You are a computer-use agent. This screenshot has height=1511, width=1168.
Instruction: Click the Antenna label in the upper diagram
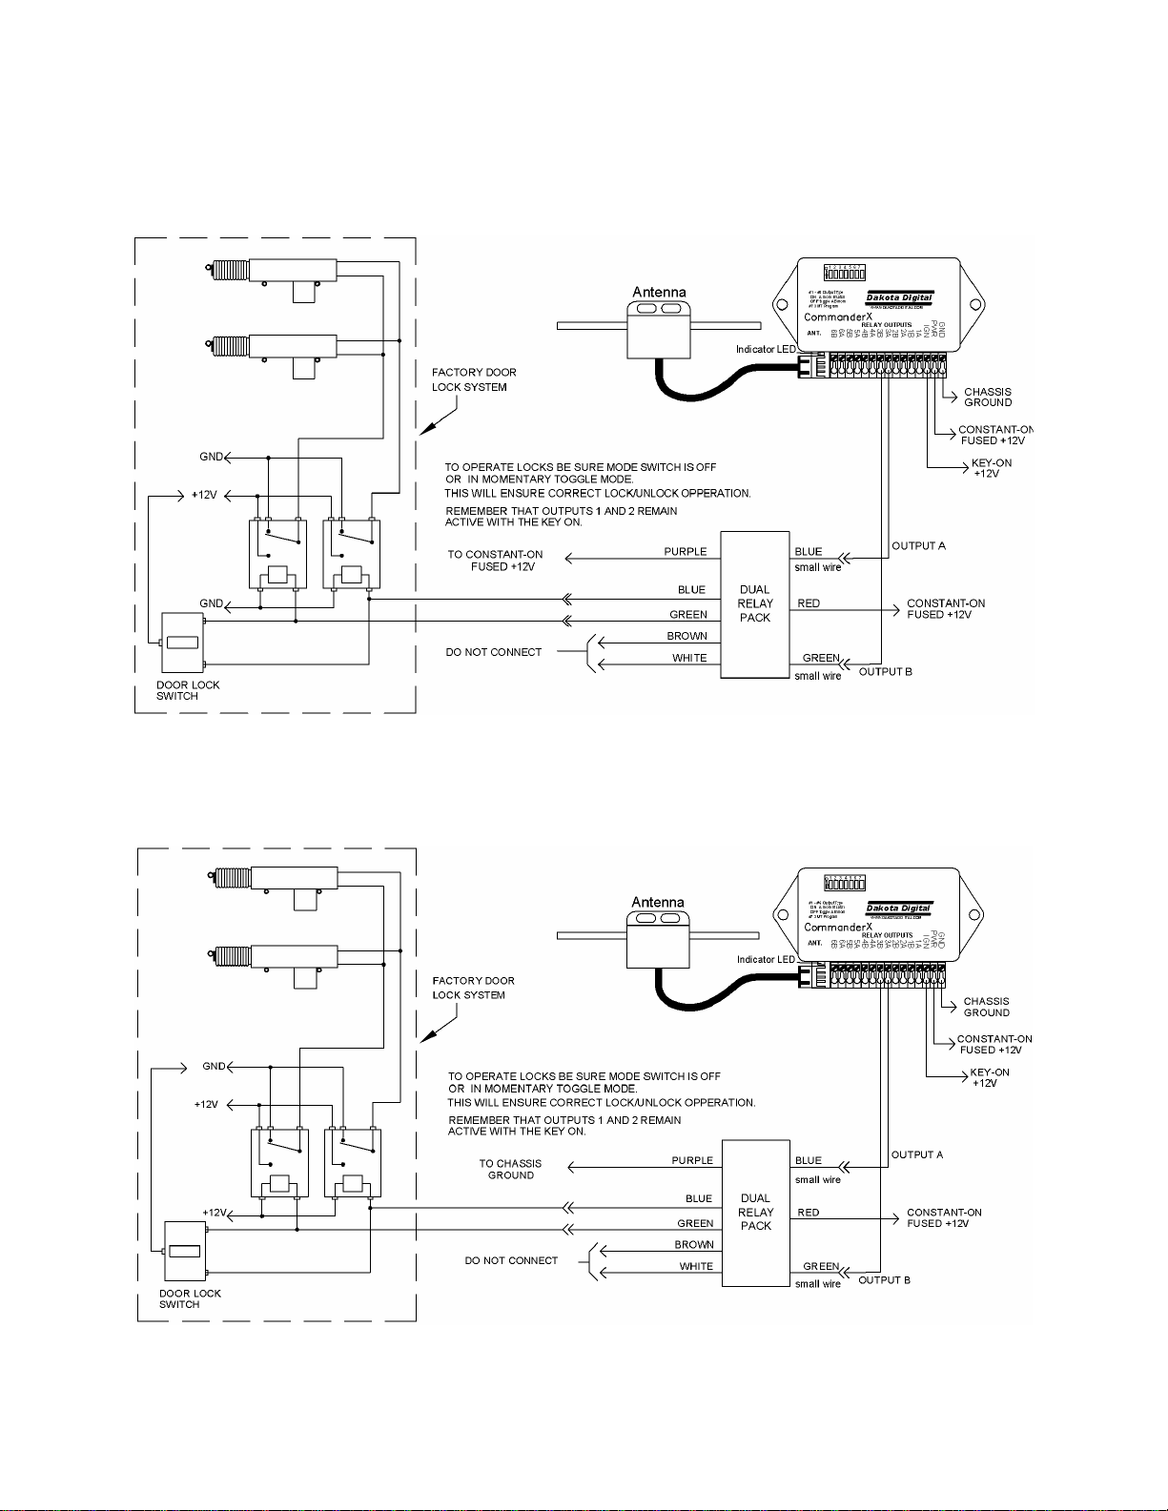[659, 292]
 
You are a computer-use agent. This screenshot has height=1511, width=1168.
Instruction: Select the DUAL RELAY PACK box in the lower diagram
[755, 1213]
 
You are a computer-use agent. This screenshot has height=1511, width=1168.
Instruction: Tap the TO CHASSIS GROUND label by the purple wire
[510, 1169]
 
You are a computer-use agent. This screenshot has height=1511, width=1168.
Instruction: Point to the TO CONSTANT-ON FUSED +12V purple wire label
[496, 560]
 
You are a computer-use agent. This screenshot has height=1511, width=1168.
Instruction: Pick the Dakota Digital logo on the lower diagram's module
[898, 909]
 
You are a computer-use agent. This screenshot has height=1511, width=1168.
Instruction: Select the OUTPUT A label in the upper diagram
[918, 546]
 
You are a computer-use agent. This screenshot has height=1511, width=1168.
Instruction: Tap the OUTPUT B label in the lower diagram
[884, 1279]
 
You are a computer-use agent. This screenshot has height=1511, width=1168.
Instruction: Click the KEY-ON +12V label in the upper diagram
[991, 468]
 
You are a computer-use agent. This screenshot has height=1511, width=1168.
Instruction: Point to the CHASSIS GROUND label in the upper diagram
[988, 397]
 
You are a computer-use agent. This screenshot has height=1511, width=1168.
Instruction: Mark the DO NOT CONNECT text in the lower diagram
[511, 1260]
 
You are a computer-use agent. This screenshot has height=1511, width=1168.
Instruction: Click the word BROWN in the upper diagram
[686, 636]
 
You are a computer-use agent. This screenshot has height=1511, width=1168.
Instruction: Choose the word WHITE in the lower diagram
[696, 1266]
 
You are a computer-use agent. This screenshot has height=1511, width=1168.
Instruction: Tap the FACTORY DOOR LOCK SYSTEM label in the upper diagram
[474, 379]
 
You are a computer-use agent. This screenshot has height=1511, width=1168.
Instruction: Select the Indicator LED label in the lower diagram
[766, 959]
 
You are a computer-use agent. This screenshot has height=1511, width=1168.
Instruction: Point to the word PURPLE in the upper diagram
[686, 551]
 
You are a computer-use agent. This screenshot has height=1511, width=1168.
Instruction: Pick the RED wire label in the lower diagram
[809, 1213]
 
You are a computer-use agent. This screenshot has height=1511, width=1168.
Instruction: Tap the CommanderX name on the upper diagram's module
[837, 316]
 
